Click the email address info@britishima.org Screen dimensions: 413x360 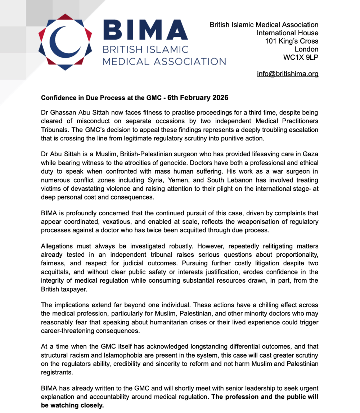pyautogui.click(x=287, y=74)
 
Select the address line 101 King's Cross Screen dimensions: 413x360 pyautogui.click(x=292, y=41)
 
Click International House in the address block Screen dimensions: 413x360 pyautogui.click(x=287, y=33)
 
